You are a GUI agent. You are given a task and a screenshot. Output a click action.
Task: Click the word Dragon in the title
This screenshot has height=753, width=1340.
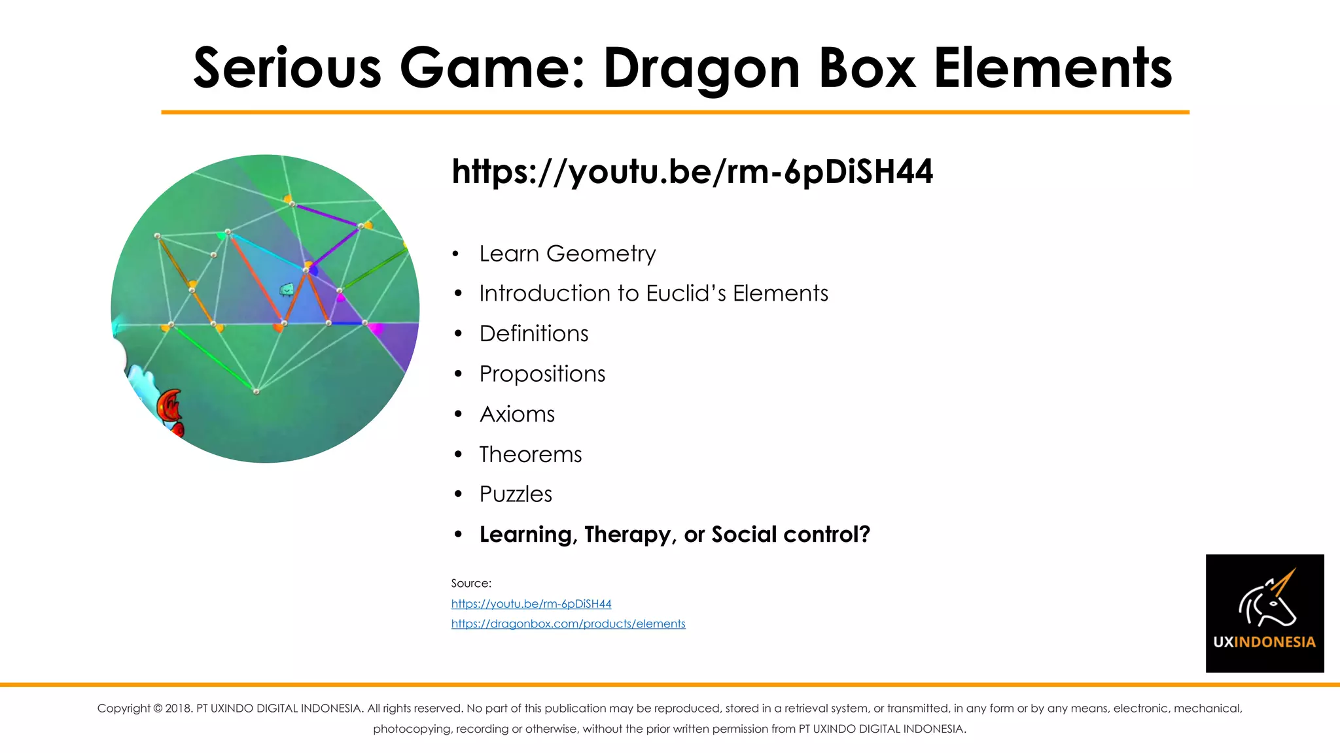(701, 69)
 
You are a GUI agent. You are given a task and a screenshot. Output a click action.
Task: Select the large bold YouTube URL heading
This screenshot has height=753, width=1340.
(692, 171)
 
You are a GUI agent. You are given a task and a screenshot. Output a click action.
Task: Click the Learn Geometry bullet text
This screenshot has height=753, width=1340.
(567, 254)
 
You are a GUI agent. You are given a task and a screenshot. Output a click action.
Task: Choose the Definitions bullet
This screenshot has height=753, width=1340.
(534, 334)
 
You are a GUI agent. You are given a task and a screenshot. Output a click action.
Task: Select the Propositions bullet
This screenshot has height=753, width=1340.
(542, 374)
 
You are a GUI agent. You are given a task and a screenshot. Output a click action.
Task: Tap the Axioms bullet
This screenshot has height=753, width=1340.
(517, 414)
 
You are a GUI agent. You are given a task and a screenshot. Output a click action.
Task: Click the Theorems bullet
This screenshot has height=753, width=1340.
(531, 454)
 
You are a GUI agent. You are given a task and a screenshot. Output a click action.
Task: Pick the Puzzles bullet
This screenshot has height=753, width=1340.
(516, 494)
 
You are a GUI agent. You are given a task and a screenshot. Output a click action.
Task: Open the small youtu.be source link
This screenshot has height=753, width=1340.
(531, 604)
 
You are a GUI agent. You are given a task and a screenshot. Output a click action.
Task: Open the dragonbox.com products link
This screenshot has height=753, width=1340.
(568, 624)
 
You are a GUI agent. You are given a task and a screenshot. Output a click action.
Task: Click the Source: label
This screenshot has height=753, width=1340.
(471, 583)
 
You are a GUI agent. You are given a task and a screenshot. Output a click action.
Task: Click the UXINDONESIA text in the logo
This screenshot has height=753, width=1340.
(1264, 642)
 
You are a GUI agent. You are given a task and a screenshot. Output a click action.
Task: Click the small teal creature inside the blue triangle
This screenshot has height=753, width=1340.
(287, 289)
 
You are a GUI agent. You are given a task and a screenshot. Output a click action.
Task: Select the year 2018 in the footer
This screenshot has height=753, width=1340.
(178, 709)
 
